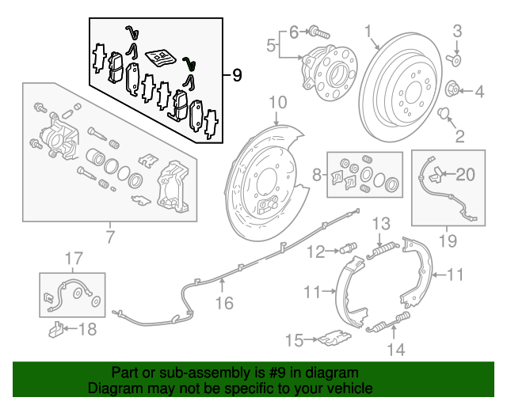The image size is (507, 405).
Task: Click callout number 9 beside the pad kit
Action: (x=236, y=76)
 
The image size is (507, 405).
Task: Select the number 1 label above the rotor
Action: (x=368, y=31)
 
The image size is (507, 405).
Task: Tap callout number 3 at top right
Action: (x=456, y=31)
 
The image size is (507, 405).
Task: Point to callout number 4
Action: (x=478, y=93)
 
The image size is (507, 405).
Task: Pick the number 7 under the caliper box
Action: (x=109, y=235)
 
